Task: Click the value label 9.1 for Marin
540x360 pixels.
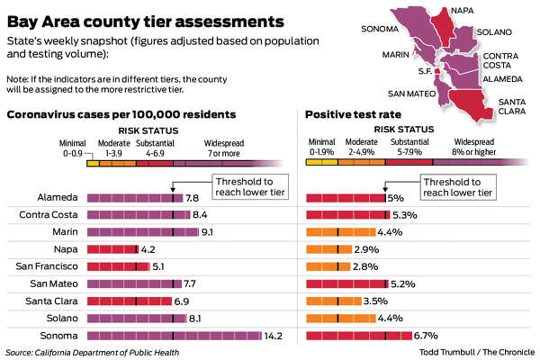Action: (x=208, y=232)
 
